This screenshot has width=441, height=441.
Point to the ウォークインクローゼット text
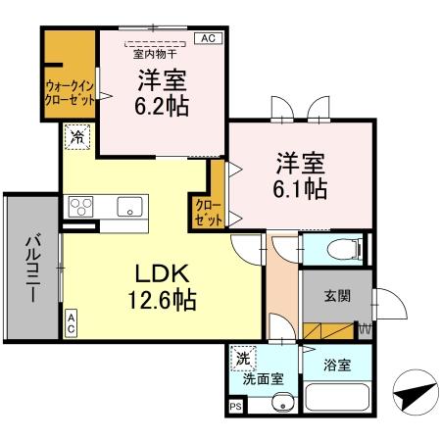[69, 92]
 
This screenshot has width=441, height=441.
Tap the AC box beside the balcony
[72, 323]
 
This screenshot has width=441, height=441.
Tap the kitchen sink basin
[129, 207]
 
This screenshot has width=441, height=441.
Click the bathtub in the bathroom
[337, 400]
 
